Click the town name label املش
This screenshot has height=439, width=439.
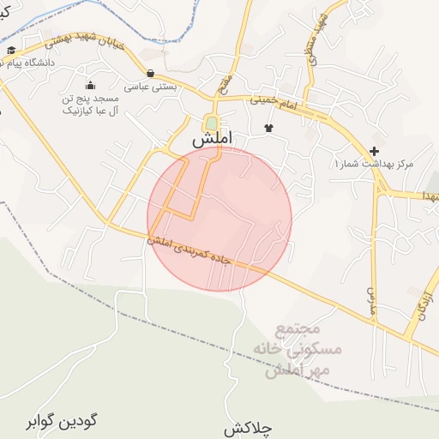click(213, 139)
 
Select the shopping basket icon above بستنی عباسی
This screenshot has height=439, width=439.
click(151, 74)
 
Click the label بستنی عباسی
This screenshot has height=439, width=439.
click(151, 87)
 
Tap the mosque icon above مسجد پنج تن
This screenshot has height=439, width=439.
click(90, 85)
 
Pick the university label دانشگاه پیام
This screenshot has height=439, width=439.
click(31, 63)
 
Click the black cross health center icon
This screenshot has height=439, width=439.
click(374, 151)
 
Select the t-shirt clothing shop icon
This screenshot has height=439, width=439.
click(268, 128)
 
